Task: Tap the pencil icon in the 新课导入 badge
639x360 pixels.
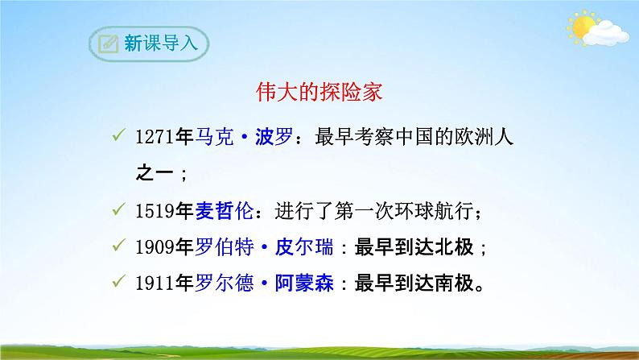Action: click(106, 43)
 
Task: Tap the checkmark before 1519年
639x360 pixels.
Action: click(118, 211)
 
